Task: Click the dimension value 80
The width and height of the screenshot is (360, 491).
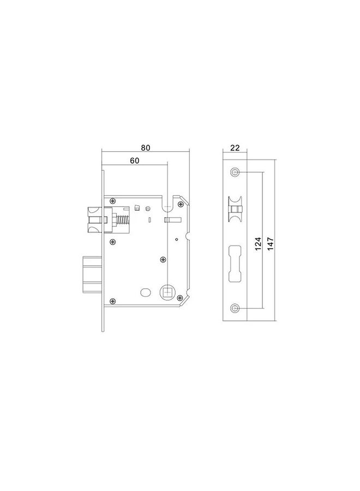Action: pyautogui.click(x=145, y=148)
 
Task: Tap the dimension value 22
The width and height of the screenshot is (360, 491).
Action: pyautogui.click(x=235, y=148)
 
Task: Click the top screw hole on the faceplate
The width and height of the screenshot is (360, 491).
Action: pyautogui.click(x=235, y=172)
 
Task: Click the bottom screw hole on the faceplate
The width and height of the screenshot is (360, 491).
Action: pyautogui.click(x=235, y=308)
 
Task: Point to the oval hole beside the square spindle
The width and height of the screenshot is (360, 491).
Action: pyautogui.click(x=145, y=293)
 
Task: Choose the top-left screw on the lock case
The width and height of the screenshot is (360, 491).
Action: pyautogui.click(x=112, y=201)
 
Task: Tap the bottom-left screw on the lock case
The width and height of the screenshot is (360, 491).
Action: pyautogui.click(x=112, y=301)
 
